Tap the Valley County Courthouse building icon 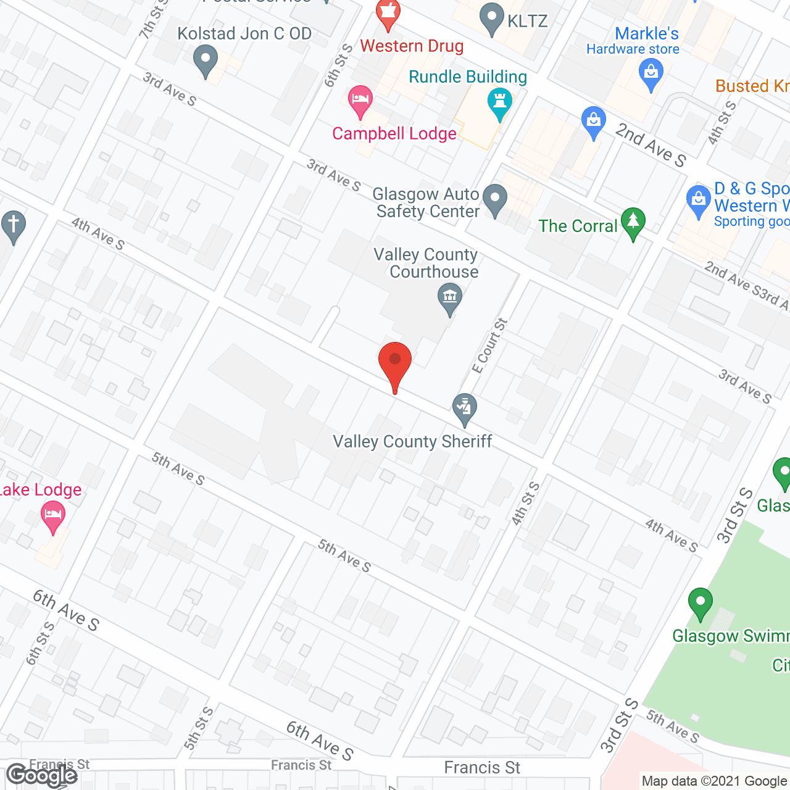click(450, 299)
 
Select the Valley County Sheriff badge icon click(465, 408)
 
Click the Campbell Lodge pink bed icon click(360, 100)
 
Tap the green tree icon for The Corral click(633, 222)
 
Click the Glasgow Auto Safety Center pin click(494, 199)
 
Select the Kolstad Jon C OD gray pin click(206, 61)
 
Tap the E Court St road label click(489, 346)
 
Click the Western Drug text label click(412, 46)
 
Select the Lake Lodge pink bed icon click(52, 516)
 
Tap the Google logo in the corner click(41, 775)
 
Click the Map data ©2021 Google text click(714, 781)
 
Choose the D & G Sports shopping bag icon click(698, 200)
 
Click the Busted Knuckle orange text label click(752, 86)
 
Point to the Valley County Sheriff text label click(412, 441)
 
